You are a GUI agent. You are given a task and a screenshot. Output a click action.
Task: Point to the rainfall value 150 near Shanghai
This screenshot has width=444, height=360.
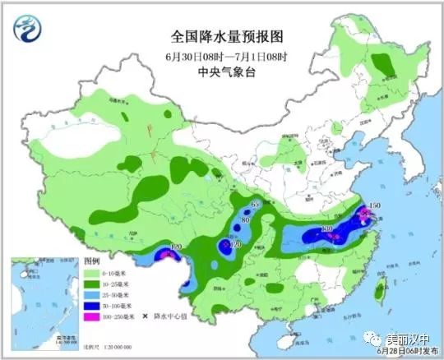[374, 205]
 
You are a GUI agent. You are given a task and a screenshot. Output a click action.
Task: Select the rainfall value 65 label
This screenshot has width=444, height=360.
[254, 204]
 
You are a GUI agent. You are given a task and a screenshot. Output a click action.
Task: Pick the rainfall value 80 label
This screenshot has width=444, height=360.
[245, 219]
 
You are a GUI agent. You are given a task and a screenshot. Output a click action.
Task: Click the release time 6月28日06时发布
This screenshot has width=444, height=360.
[401, 352]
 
